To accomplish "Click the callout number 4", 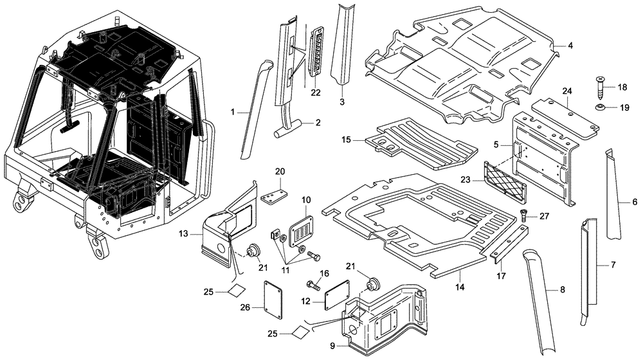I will [570, 46].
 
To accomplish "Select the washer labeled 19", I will [599, 107].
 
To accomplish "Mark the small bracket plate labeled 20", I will [276, 195].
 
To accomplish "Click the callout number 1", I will [233, 112].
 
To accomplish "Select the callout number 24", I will [566, 91].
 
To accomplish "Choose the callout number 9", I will [332, 346].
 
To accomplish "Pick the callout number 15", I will [346, 139].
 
